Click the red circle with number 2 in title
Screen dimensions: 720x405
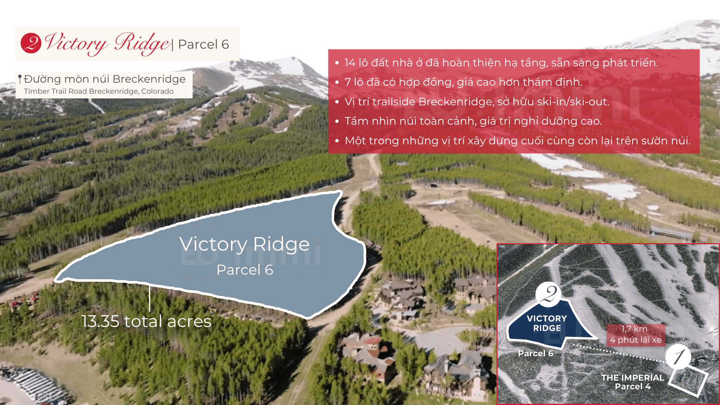pos(31,43)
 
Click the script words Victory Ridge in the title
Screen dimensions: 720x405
pos(107,44)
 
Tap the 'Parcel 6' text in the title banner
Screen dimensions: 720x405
pos(203,44)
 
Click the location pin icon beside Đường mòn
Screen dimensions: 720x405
pos(20,79)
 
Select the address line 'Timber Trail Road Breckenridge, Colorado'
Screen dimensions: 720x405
pos(99,91)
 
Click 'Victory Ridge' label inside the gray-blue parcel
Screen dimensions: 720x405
pos(244,244)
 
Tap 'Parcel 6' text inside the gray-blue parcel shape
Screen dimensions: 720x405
pos(245,270)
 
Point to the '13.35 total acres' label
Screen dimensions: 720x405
pos(147,321)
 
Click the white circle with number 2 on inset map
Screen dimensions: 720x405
pos(548,294)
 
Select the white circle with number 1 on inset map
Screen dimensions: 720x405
pos(678,357)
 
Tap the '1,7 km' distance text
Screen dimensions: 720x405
pos(634,329)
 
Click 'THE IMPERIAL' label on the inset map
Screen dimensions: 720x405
pos(633,378)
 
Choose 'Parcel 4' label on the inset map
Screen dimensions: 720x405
pos(633,387)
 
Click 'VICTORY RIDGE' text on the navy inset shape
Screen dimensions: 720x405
pos(547,323)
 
